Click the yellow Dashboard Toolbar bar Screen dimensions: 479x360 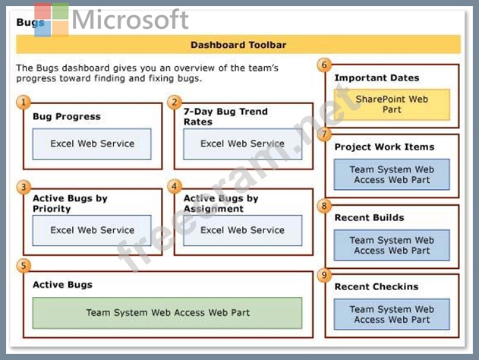238,45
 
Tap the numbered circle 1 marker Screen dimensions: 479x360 24,102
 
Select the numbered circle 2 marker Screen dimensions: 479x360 175,102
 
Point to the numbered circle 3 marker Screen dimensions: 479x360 24,187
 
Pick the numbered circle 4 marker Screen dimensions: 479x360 175,186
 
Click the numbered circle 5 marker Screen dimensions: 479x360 24,266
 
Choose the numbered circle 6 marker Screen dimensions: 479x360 324,65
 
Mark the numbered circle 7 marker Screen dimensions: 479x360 324,134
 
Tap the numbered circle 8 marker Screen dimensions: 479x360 324,206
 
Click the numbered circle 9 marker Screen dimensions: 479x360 324,275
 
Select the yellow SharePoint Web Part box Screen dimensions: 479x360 392,105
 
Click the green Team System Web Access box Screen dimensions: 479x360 168,313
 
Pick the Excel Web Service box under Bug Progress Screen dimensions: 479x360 92,144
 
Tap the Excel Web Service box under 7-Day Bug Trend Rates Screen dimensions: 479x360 243,144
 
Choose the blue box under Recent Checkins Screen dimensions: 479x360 392,314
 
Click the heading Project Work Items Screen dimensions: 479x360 384,147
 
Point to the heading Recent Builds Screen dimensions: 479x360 370,217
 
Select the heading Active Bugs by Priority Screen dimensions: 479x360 70,204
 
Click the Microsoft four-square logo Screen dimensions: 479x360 52,20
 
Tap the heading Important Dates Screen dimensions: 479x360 377,78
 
